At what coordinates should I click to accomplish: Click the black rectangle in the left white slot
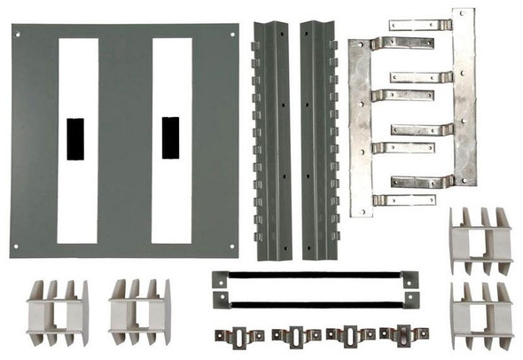(x=76, y=139)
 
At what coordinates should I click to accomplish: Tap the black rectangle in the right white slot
(x=171, y=139)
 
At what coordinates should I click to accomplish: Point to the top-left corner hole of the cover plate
(x=18, y=35)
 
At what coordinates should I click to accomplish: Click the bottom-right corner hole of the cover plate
(x=231, y=246)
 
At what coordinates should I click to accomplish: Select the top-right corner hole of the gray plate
(x=231, y=35)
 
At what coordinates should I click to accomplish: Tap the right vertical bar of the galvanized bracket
(x=464, y=98)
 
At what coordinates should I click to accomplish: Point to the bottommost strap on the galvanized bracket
(x=403, y=200)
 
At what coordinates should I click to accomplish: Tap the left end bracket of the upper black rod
(x=219, y=278)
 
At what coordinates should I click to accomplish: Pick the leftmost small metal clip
(x=238, y=335)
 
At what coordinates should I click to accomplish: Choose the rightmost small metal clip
(x=398, y=335)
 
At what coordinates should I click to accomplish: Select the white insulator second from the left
(x=139, y=313)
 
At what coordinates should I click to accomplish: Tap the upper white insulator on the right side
(x=480, y=240)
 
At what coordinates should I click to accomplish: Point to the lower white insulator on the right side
(x=480, y=315)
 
